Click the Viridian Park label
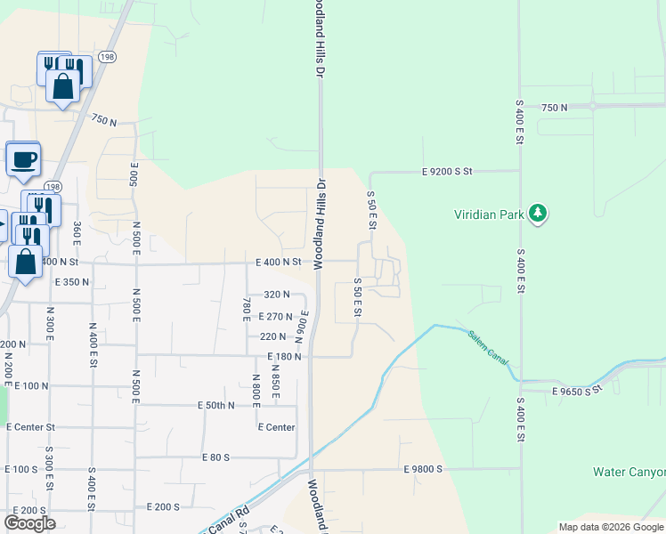tap(490, 214)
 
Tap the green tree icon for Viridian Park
tap(537, 213)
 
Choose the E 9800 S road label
tap(423, 468)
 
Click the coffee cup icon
tap(23, 160)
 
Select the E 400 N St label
tap(280, 263)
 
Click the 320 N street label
tap(277, 295)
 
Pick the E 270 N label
tap(276, 316)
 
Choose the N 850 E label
tap(276, 386)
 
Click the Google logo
tap(29, 523)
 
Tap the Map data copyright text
tap(610, 527)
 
